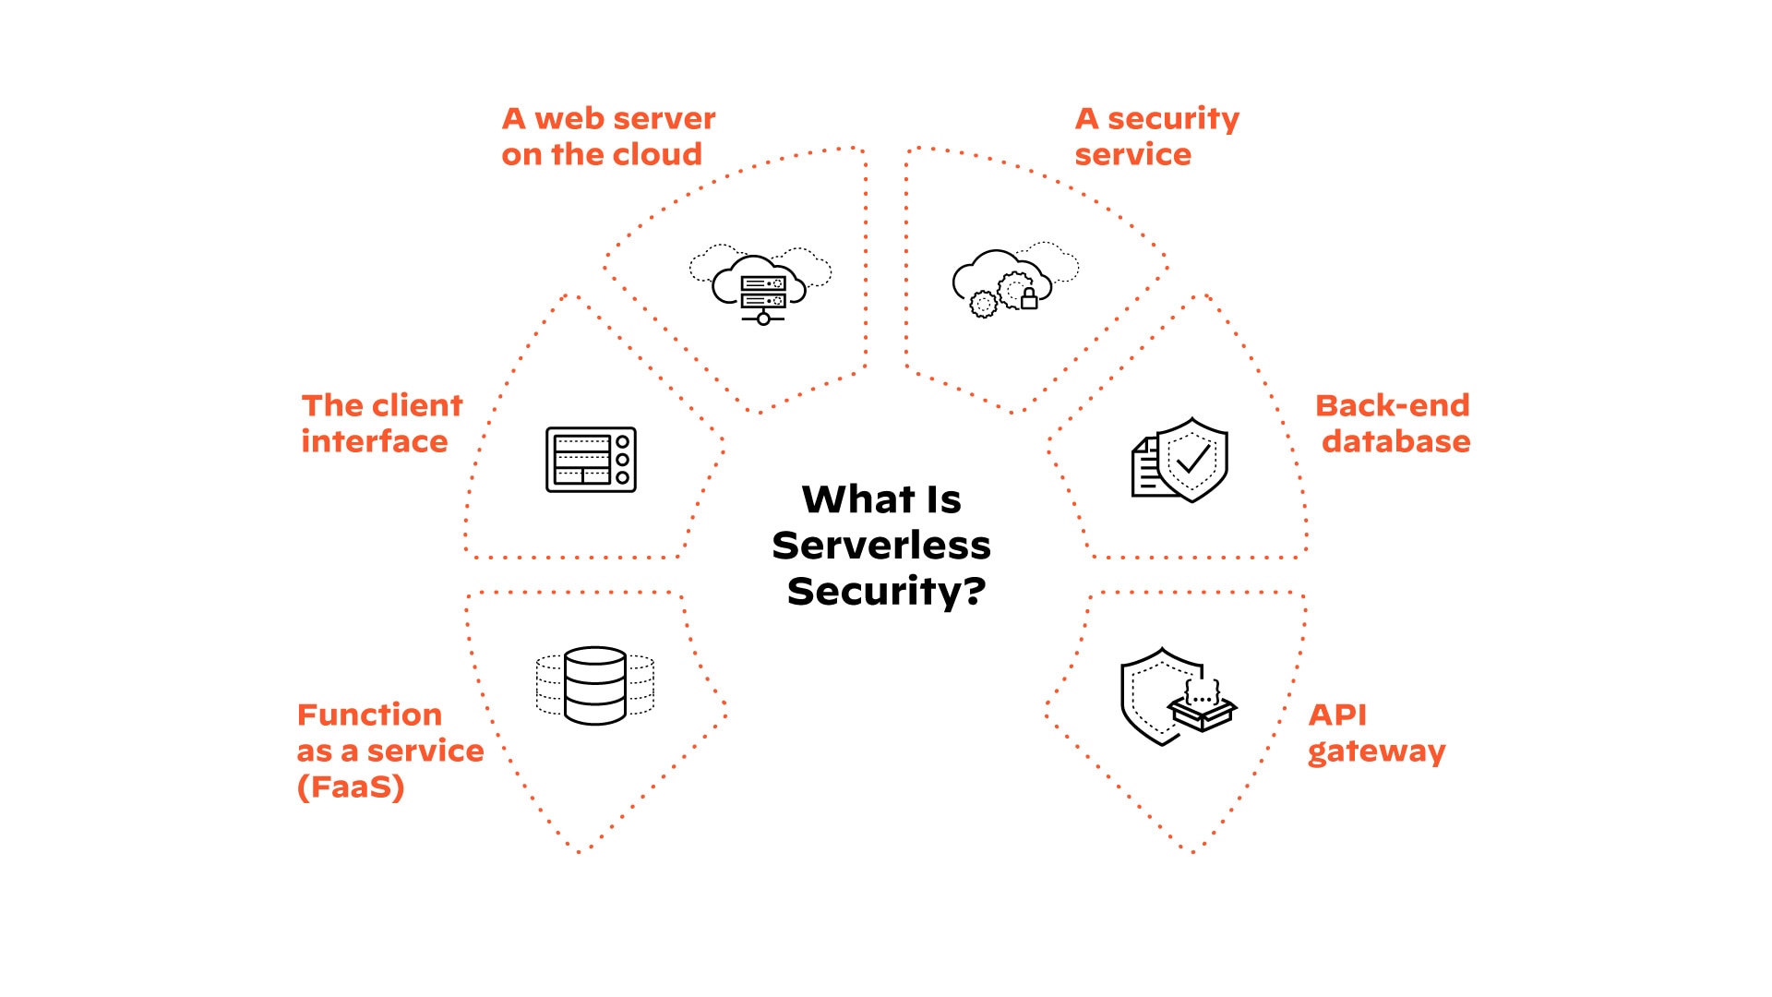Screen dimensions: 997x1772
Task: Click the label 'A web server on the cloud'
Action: tap(608, 137)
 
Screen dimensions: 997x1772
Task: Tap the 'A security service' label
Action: tap(1156, 137)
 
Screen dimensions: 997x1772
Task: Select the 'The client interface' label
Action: tap(381, 424)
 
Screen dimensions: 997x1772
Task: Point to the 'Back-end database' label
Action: tap(1393, 424)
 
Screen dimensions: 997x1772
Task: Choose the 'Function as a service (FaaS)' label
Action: tap(389, 751)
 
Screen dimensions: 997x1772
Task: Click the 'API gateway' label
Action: tap(1376, 733)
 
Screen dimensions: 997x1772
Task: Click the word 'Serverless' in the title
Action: tap(881, 546)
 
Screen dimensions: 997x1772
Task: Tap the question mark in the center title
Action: tap(975, 591)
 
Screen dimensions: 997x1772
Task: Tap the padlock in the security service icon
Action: tap(1029, 299)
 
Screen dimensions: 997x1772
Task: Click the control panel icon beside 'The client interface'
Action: tap(591, 460)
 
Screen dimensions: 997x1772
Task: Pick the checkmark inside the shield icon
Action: tap(1192, 458)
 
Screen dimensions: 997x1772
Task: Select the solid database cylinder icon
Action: tap(595, 685)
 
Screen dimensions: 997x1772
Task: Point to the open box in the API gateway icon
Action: tap(1203, 711)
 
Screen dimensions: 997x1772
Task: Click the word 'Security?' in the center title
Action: tap(886, 592)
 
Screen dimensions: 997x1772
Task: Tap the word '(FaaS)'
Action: tap(351, 787)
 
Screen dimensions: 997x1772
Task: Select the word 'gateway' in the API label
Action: tap(1376, 752)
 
